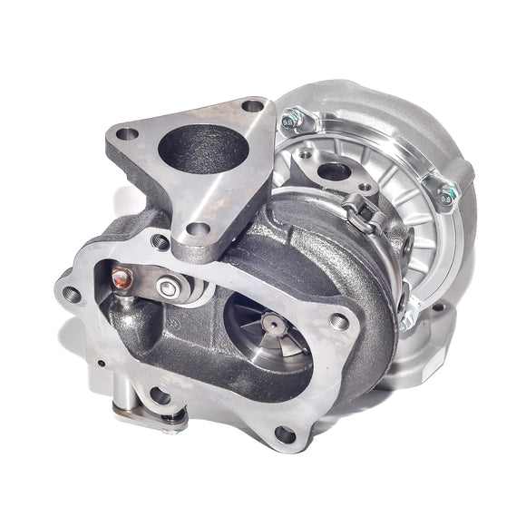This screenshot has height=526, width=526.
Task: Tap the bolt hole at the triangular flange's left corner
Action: pyautogui.click(x=127, y=134)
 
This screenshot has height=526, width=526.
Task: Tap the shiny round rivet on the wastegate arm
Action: pyautogui.click(x=166, y=288)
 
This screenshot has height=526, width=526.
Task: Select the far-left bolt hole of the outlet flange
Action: pyautogui.click(x=71, y=292)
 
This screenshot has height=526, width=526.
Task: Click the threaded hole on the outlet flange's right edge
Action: pyautogui.click(x=341, y=319)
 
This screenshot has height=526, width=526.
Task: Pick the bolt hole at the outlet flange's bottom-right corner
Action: pyautogui.click(x=283, y=433)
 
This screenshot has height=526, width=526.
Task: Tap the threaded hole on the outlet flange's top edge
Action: pyautogui.click(x=160, y=242)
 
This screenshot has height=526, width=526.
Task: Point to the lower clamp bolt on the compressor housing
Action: pyautogui.click(x=407, y=311)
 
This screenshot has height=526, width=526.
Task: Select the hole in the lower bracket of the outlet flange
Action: pyautogui.click(x=160, y=394)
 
